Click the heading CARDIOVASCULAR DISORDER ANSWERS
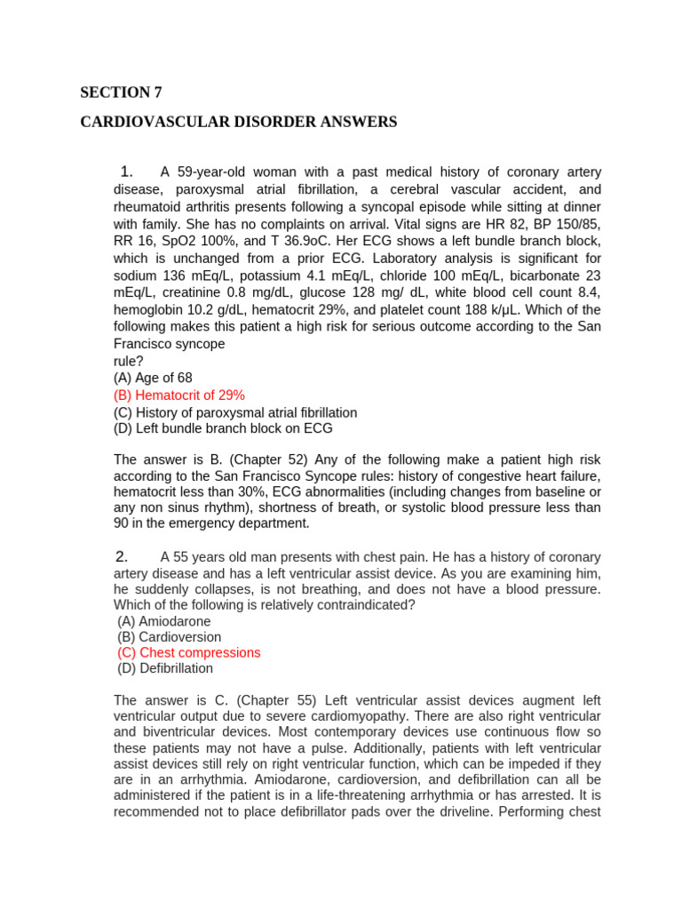pos(239,122)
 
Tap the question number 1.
pos(126,172)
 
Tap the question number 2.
pos(123,556)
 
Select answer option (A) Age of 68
pos(153,378)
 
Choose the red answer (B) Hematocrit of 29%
pos(179,395)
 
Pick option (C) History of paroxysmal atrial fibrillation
pos(235,412)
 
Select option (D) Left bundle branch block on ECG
pos(223,428)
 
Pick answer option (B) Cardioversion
pos(169,637)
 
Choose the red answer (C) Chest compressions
pos(189,652)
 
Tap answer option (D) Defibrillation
pos(165,668)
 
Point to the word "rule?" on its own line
pos(129,361)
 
